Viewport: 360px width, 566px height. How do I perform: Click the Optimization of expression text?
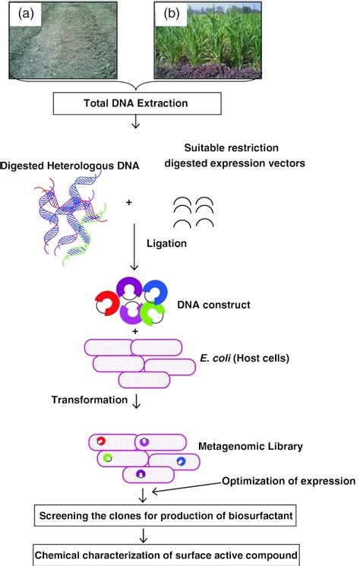(x=289, y=481)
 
